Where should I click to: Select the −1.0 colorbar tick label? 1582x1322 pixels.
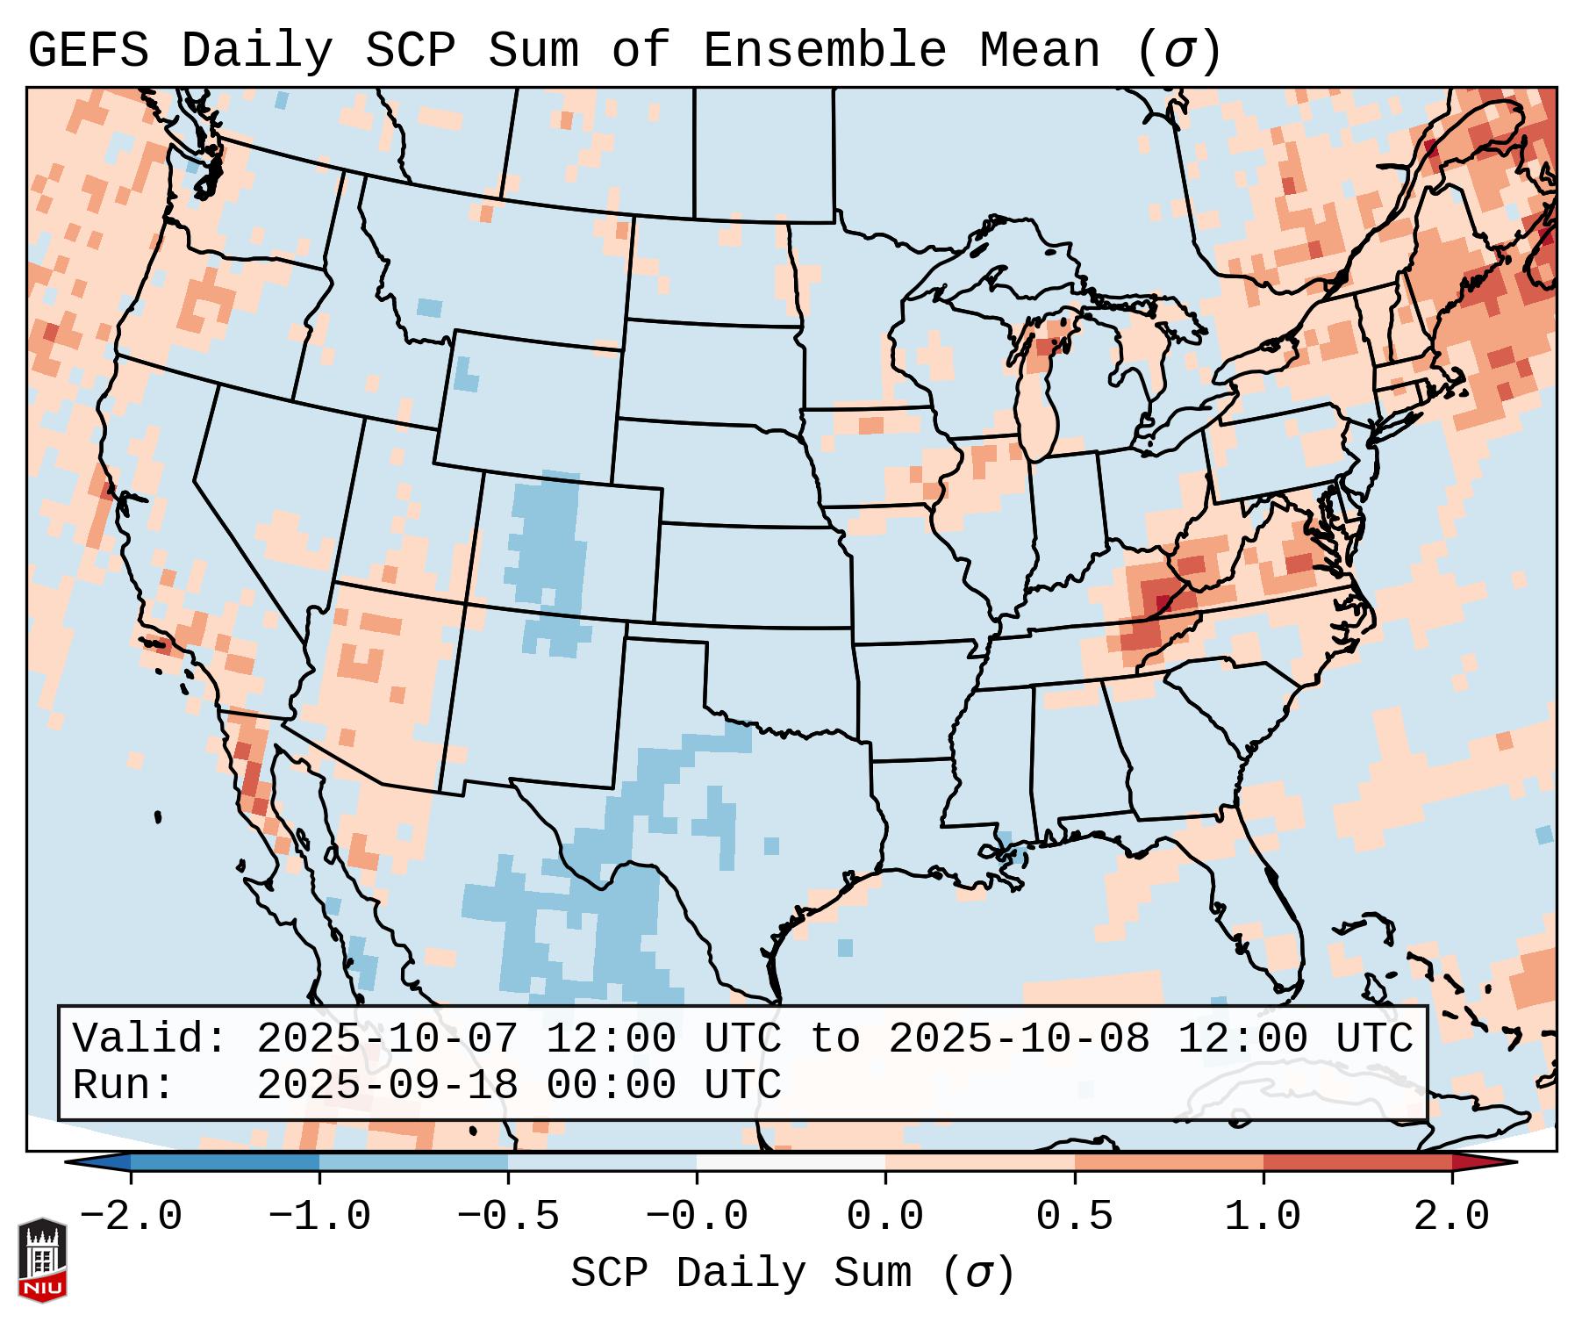point(319,1217)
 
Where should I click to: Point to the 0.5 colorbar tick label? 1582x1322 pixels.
point(1074,1217)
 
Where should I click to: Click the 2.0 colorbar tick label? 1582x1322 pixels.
point(1451,1217)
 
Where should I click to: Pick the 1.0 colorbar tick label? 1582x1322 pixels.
point(1263,1217)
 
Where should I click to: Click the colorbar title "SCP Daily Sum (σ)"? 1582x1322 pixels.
point(792,1274)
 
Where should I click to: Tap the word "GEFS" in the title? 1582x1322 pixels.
point(88,51)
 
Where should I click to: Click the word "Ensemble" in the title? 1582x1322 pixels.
point(824,51)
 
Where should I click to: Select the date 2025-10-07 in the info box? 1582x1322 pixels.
point(388,1039)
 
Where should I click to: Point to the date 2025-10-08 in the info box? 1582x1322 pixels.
point(1019,1039)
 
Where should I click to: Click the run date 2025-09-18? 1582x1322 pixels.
point(388,1086)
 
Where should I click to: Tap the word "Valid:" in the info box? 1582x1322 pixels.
point(150,1039)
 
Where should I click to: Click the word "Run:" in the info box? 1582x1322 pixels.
point(123,1086)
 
